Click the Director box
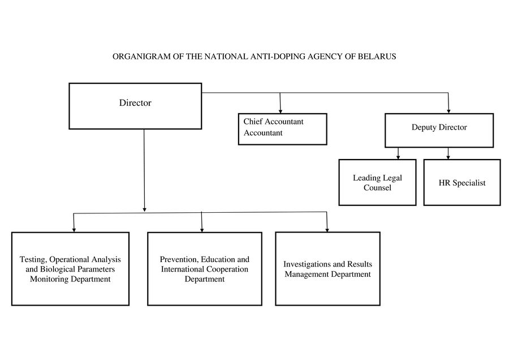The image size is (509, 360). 135,106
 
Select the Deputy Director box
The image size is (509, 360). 439,130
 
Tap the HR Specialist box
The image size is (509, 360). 462,182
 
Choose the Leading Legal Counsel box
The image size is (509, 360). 377,182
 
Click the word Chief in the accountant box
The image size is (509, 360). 253,122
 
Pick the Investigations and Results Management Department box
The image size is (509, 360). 327,269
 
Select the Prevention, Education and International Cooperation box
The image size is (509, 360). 205,269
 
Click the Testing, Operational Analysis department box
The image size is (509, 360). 70,269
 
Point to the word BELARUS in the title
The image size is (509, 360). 377,57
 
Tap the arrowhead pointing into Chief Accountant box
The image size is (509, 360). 281,112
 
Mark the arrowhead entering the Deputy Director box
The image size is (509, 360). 448,112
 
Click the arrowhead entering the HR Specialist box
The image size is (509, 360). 448,157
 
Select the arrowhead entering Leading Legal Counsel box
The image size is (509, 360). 398,157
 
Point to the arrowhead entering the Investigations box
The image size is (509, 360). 327,230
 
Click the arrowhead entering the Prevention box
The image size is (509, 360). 202,230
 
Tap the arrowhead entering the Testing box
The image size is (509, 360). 74,230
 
